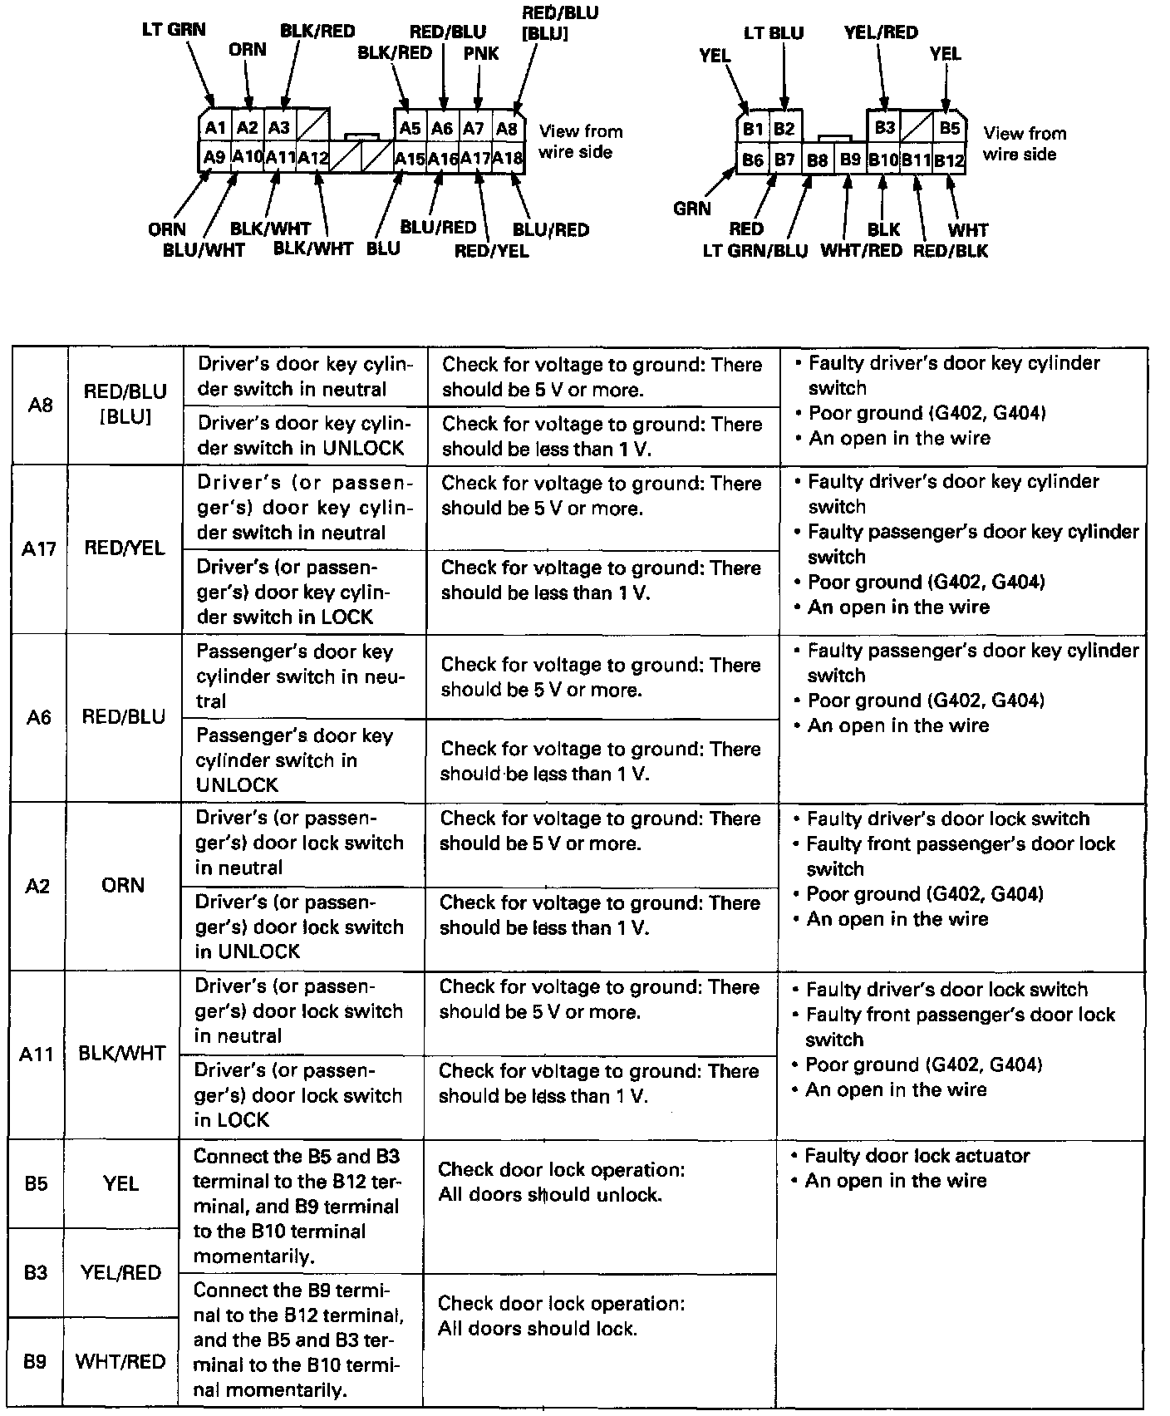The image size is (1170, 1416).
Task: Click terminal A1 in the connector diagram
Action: (x=215, y=127)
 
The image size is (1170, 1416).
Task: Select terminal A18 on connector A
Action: (x=507, y=158)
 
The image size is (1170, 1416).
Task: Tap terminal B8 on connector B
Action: (x=818, y=160)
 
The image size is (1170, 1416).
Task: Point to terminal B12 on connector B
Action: (x=949, y=160)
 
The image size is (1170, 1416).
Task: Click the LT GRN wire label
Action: (x=174, y=30)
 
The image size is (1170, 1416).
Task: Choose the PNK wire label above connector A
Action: (x=481, y=53)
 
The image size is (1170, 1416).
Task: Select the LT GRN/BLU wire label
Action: (x=755, y=250)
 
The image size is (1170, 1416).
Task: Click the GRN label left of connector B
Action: (x=692, y=208)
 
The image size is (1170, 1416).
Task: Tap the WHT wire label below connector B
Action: (x=968, y=229)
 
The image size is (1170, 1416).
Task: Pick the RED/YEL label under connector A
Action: (x=491, y=250)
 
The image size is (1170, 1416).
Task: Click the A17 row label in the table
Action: (x=39, y=548)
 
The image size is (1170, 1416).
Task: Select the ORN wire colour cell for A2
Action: (x=123, y=885)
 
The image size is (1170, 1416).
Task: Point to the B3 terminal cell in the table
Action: (x=36, y=1272)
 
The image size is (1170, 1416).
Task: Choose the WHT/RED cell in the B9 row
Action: (x=120, y=1361)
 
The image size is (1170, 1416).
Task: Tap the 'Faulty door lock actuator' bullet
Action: (x=917, y=1155)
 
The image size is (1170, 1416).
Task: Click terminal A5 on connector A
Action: (x=410, y=128)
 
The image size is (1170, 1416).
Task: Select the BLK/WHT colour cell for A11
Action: (x=121, y=1054)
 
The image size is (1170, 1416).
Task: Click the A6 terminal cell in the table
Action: (x=39, y=716)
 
